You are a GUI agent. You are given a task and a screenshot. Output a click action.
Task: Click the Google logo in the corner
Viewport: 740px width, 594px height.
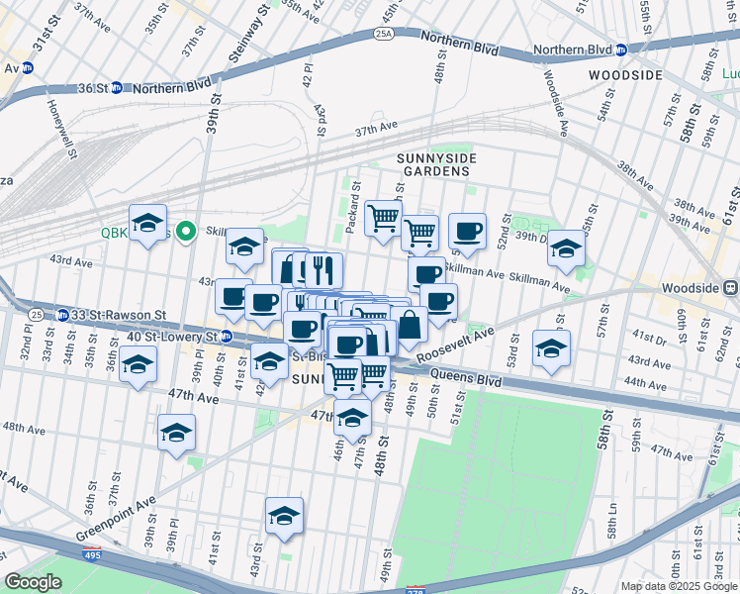tap(33, 582)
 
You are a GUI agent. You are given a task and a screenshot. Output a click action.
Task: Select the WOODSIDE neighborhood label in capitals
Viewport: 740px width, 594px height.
tap(624, 75)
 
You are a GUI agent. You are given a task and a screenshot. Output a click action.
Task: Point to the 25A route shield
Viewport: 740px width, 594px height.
tap(384, 34)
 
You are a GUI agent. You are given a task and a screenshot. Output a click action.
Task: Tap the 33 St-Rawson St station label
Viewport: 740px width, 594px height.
tap(110, 315)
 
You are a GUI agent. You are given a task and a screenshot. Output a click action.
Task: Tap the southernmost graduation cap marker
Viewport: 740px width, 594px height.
tap(284, 516)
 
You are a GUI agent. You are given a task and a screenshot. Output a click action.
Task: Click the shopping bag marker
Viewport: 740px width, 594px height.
tap(409, 324)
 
